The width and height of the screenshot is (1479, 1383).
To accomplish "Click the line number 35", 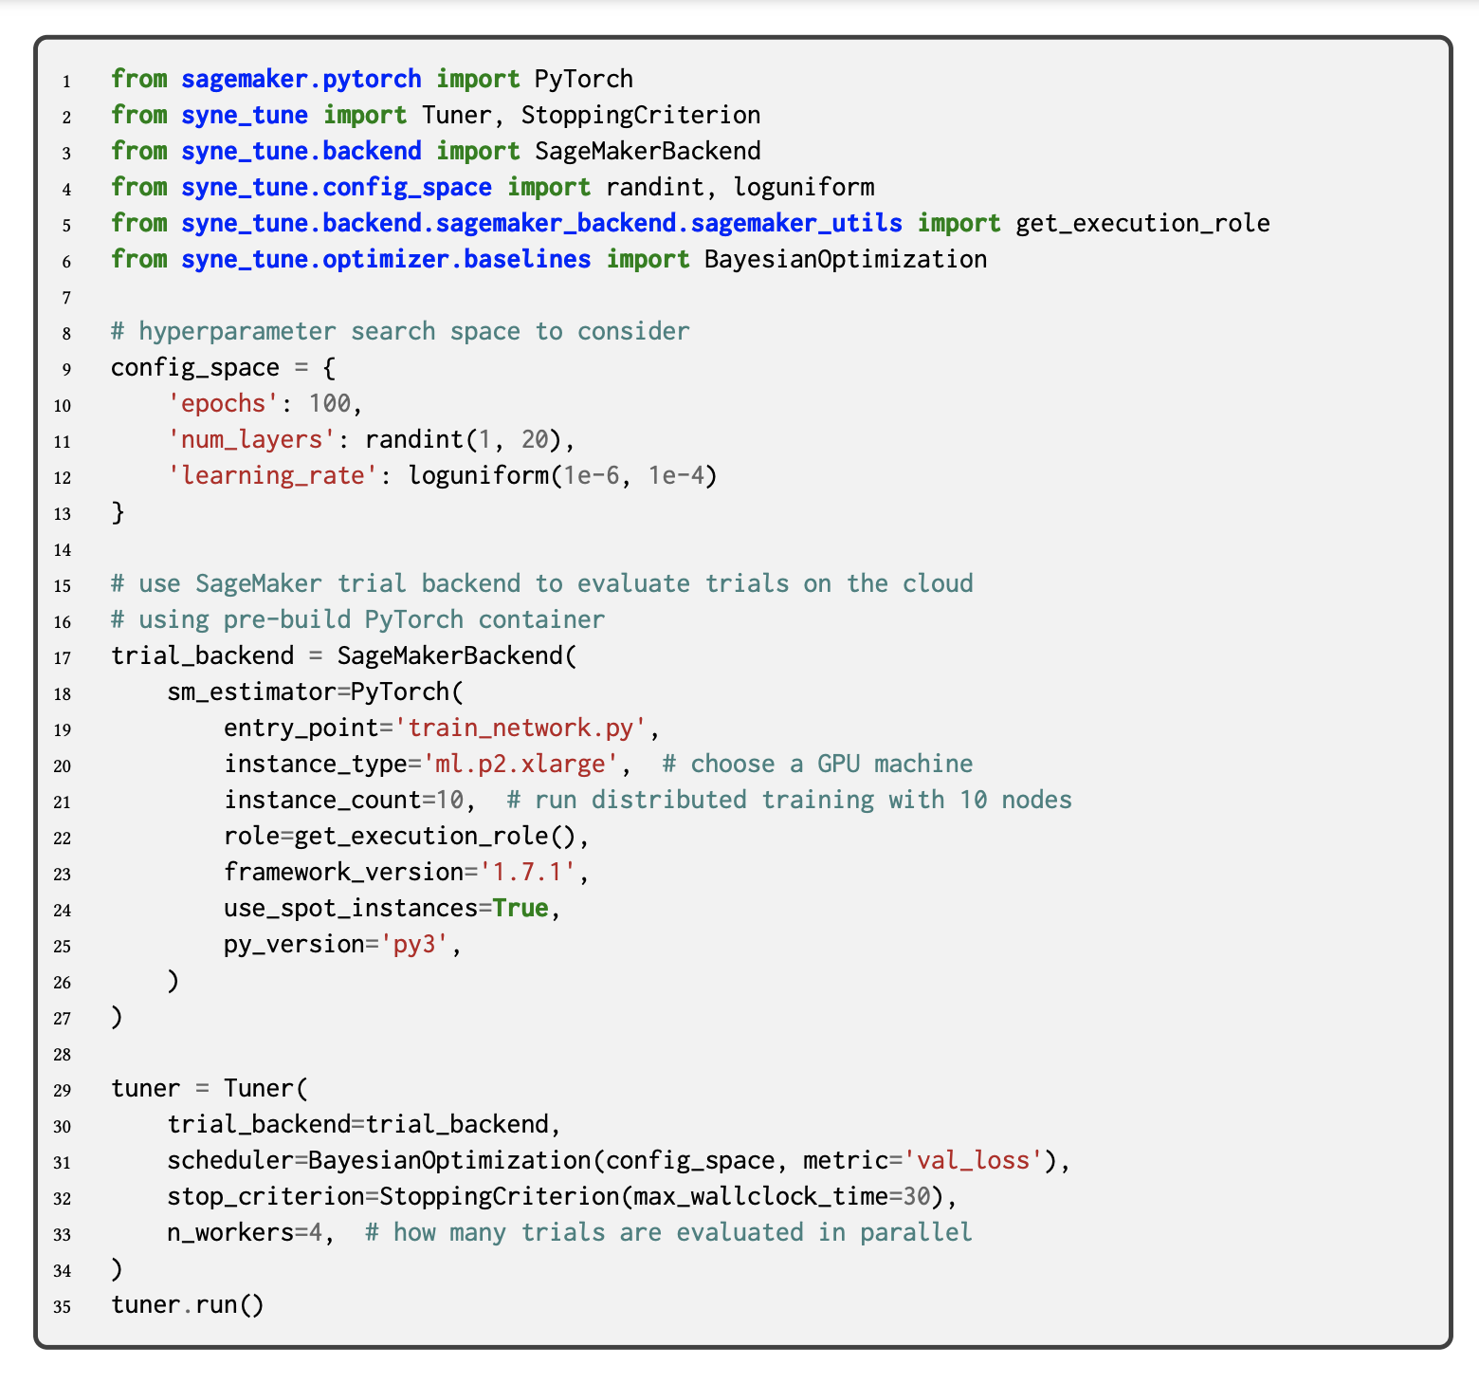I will [x=62, y=1306].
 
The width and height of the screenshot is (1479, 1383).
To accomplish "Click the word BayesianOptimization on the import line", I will [x=845, y=259].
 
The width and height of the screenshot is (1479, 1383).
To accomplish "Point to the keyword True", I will [x=520, y=908].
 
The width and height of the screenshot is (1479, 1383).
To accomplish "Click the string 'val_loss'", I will [x=973, y=1160].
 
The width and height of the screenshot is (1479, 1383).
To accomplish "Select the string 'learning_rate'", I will [x=273, y=475].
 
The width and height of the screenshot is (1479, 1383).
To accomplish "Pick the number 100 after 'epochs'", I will [x=330, y=403].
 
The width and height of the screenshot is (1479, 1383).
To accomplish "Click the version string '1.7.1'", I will [x=527, y=872].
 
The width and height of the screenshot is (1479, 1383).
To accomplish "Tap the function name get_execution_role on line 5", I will [x=1142, y=223].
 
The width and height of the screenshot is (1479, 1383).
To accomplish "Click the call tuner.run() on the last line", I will [x=188, y=1304].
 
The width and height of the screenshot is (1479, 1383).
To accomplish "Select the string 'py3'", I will [x=414, y=944].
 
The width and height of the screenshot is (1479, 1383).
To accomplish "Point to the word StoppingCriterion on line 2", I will [x=640, y=115].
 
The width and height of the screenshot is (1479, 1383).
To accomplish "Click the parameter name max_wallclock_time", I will [x=760, y=1196].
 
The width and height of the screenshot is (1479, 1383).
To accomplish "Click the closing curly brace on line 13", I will [x=119, y=512].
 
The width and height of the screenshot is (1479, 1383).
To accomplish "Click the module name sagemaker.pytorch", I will [x=301, y=79].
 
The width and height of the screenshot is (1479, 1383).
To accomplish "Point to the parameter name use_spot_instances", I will [x=351, y=908].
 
